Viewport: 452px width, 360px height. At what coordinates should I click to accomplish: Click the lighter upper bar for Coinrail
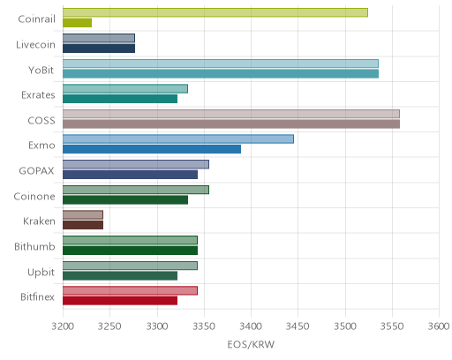(215, 12)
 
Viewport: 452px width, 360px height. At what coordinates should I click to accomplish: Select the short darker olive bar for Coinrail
(77, 23)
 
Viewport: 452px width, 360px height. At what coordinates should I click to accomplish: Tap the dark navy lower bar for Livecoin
(99, 49)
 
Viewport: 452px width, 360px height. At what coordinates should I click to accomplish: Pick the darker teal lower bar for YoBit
(221, 73)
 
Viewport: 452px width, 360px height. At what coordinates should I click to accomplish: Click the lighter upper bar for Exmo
(178, 139)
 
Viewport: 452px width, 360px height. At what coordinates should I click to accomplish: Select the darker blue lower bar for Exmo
(152, 149)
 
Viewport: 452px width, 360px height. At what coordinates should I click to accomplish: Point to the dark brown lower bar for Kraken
(83, 225)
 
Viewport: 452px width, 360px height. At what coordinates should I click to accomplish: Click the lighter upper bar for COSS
(231, 114)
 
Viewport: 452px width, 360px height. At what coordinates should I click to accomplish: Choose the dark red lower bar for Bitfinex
(120, 301)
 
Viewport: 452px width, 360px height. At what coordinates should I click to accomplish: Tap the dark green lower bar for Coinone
(125, 199)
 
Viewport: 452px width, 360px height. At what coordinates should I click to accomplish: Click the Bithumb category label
(34, 246)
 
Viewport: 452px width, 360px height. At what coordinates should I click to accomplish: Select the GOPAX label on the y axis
(36, 171)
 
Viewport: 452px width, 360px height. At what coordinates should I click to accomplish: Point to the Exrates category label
(38, 95)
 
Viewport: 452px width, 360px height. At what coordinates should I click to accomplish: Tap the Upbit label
(41, 273)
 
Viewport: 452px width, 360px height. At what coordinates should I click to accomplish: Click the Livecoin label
(35, 45)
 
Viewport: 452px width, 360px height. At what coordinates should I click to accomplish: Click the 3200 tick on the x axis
(63, 326)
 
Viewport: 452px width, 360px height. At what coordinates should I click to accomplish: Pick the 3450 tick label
(298, 326)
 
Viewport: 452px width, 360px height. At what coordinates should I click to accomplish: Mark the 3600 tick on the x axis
(439, 326)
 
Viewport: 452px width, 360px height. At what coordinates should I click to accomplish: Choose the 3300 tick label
(157, 326)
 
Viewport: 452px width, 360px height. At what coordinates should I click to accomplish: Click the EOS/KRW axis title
(251, 344)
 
